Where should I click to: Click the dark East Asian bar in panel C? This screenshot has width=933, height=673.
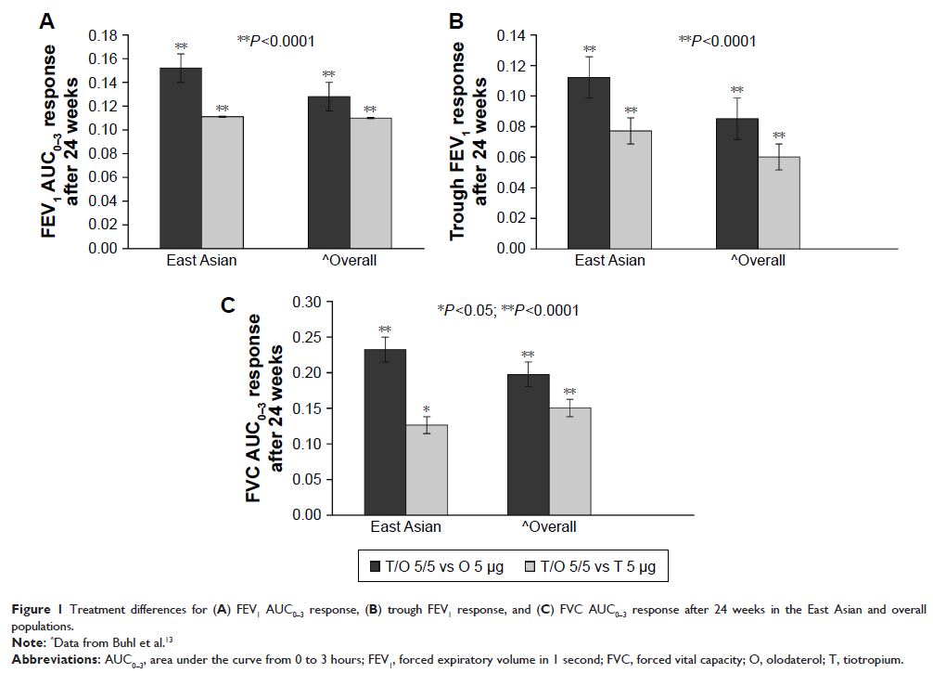[385, 432]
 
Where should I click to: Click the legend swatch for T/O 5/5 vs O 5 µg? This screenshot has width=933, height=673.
[376, 565]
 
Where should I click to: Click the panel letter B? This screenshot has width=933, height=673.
[456, 19]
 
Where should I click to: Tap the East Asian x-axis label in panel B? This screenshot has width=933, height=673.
[609, 260]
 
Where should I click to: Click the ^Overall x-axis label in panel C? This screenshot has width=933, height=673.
[548, 526]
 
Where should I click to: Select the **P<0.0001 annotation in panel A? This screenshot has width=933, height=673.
[275, 40]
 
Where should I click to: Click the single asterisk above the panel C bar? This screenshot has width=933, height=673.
[427, 408]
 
